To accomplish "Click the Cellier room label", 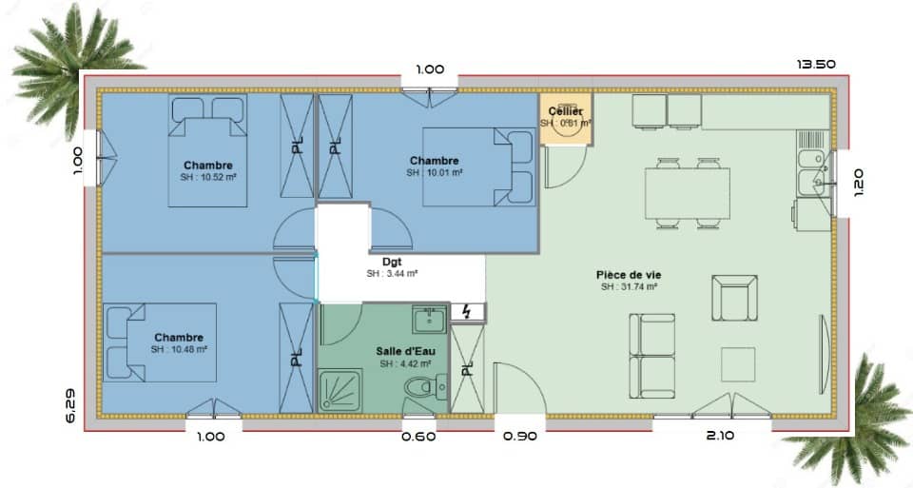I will point(565,112).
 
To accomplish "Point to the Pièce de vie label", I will point(630,275).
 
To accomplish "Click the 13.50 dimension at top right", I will point(815,65).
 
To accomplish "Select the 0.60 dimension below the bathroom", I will point(419,437).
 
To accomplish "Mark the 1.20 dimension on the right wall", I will point(859,182).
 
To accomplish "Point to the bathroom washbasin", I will point(429,320).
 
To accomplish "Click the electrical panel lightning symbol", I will point(467,312).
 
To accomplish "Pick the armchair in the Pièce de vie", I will point(734,298).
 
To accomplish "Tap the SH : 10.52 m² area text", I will point(207,177).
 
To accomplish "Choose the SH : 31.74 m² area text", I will point(630,287).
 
